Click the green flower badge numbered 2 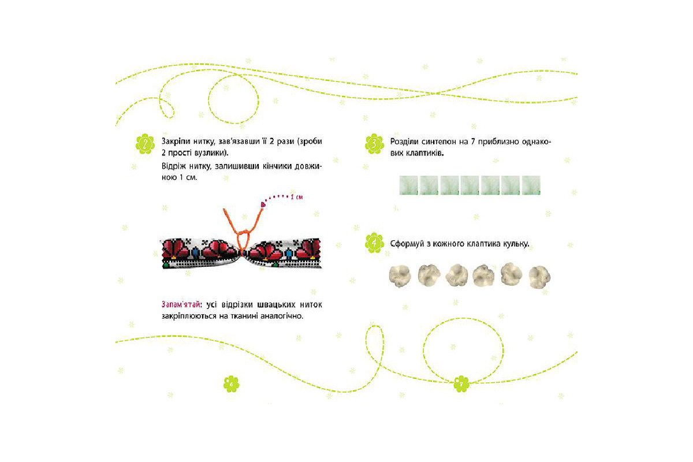[x=145, y=144]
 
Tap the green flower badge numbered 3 [x=374, y=144]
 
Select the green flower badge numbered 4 [x=374, y=243]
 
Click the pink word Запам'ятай [x=181, y=305]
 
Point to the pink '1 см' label [x=296, y=197]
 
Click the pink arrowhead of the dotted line [x=263, y=204]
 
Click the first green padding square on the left [x=408, y=185]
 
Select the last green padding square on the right [x=531, y=185]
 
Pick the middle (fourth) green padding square [x=470, y=185]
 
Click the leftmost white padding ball [x=400, y=275]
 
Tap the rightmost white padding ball [x=539, y=277]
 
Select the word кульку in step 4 [x=516, y=244]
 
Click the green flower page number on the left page [x=232, y=383]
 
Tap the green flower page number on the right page [x=461, y=383]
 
